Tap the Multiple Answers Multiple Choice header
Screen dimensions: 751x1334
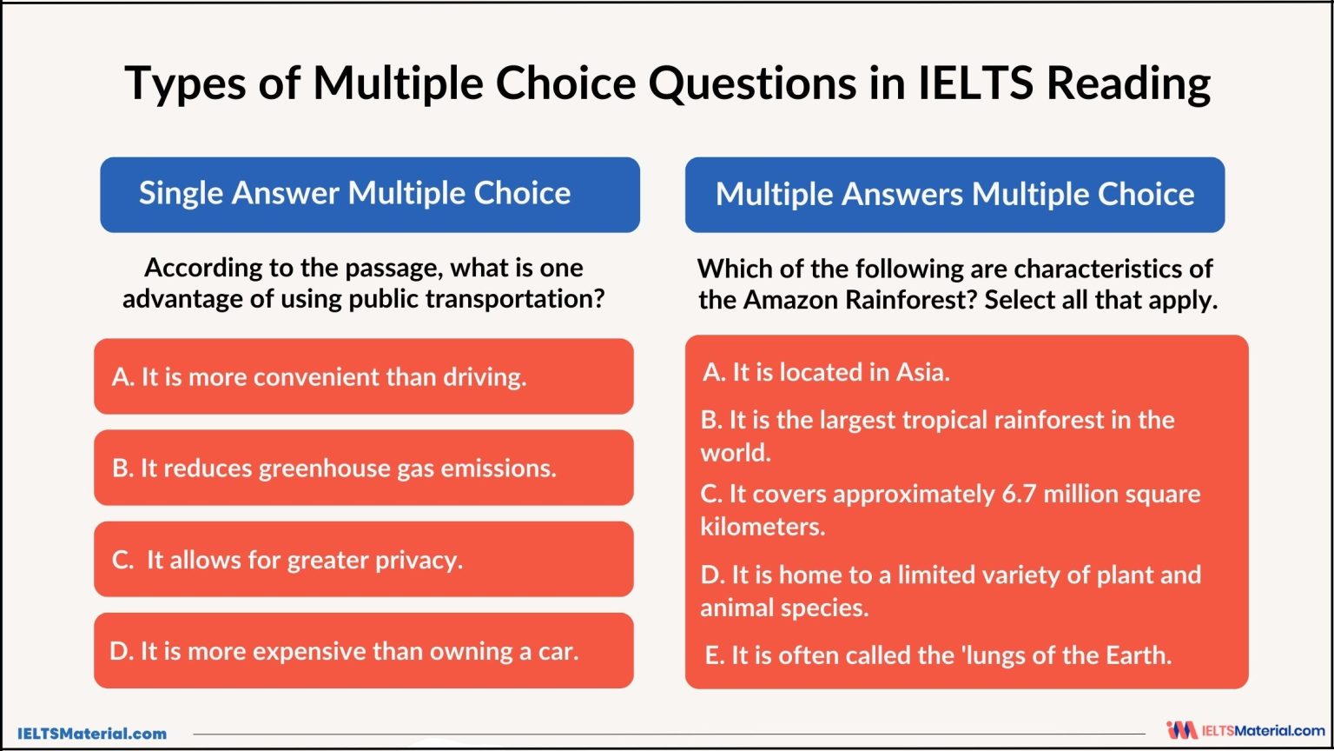[x=954, y=194]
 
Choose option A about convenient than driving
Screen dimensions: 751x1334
[x=363, y=376]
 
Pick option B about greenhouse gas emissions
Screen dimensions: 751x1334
[x=363, y=468]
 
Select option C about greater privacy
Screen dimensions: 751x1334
[x=363, y=559]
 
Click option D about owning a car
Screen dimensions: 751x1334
[x=363, y=650]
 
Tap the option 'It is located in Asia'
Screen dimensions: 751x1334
[x=826, y=372]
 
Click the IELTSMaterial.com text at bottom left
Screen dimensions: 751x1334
[x=92, y=734]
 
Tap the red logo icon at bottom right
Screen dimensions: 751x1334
[x=1181, y=730]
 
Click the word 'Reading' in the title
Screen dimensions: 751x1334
[x=1128, y=83]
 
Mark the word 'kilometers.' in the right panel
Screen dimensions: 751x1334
[x=763, y=527]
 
